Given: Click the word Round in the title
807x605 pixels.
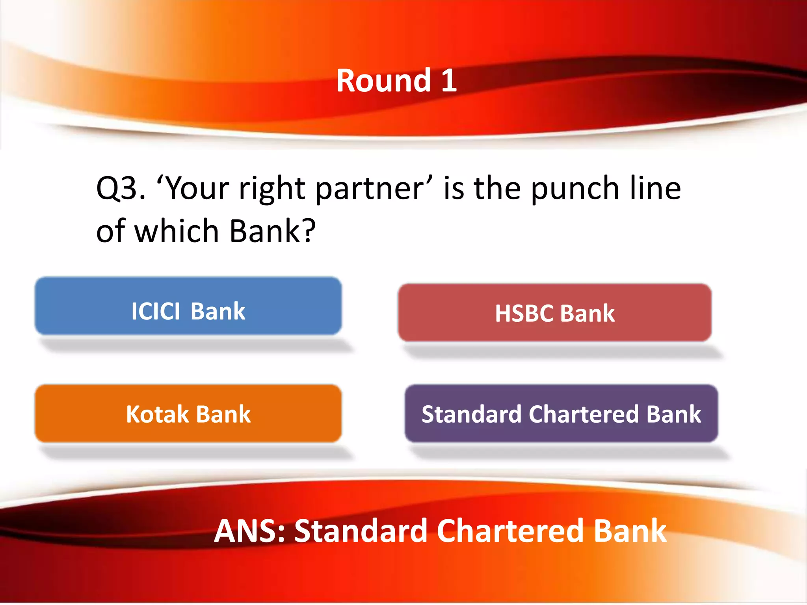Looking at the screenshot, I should [383, 81].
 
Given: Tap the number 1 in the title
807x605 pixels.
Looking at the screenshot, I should [449, 81].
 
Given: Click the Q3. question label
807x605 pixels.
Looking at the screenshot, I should [121, 189].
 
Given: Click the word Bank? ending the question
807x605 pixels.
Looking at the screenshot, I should [272, 231].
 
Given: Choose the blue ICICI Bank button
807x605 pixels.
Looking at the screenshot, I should [188, 306].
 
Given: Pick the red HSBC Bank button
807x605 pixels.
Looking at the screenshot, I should [554, 312].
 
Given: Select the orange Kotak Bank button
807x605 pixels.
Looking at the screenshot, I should [188, 414].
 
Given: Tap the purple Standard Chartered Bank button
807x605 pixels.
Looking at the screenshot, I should [561, 414].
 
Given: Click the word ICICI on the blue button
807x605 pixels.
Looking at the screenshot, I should [155, 312].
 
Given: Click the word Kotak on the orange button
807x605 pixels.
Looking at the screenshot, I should [157, 414].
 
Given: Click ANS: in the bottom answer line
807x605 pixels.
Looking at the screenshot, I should [249, 531].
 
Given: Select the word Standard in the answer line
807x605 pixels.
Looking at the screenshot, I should [361, 531].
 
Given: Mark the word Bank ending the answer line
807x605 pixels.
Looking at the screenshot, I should [630, 531].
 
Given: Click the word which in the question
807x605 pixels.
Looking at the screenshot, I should [177, 231].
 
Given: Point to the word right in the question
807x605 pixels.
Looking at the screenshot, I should [271, 189].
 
